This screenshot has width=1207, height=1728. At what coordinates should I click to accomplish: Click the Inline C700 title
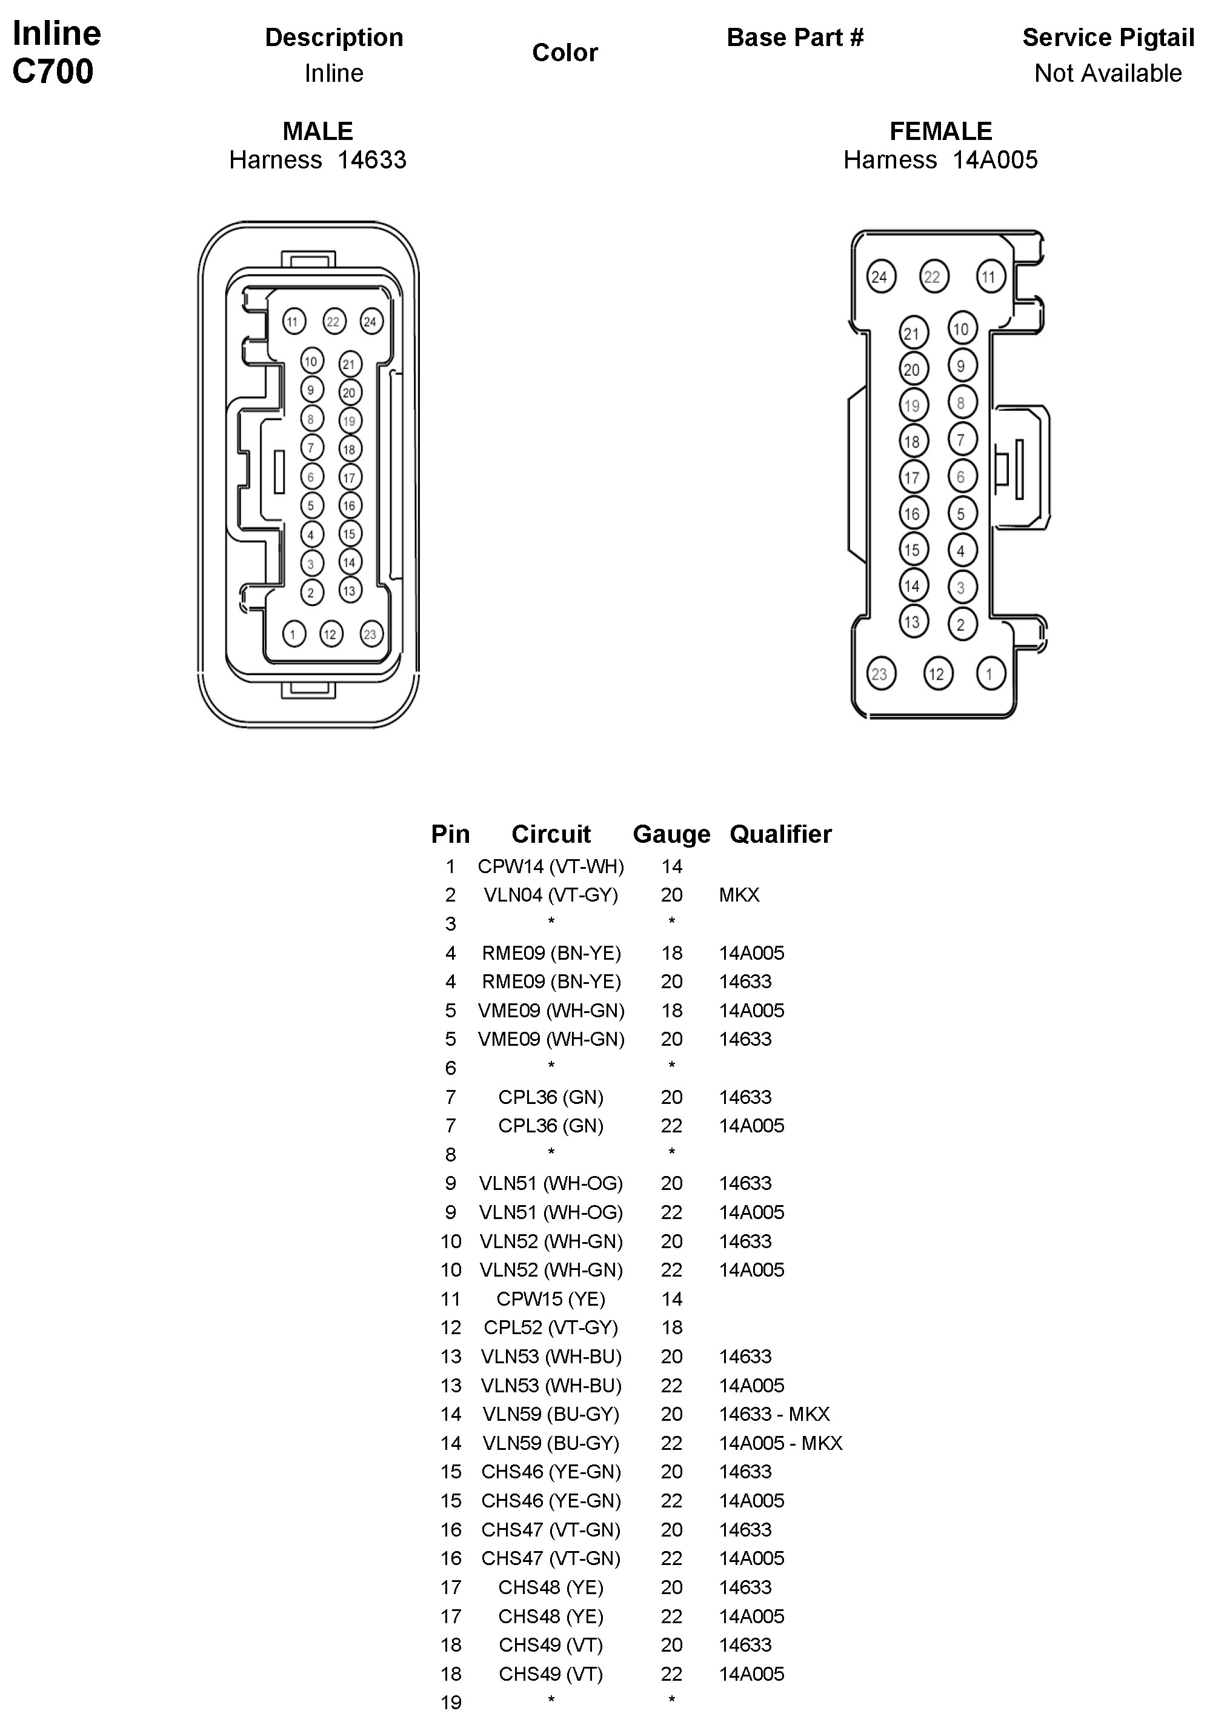[x=56, y=53]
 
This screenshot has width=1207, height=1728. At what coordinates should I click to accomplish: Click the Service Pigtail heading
[x=1107, y=38]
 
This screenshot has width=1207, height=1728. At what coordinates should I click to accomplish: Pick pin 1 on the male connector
[x=293, y=634]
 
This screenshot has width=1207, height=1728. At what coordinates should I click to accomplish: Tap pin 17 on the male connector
[x=349, y=478]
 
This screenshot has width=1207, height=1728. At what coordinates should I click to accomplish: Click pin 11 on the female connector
[x=988, y=277]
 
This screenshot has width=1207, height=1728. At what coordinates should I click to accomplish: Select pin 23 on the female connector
[x=879, y=674]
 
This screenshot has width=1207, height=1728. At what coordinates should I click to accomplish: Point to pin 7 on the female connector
[x=961, y=439]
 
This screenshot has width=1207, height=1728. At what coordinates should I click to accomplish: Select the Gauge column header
[x=671, y=834]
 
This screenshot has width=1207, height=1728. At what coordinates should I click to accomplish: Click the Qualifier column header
[x=780, y=834]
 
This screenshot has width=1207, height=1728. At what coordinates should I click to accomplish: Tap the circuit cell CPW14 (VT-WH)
[x=551, y=866]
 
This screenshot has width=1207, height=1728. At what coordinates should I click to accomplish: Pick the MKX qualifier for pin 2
[x=739, y=895]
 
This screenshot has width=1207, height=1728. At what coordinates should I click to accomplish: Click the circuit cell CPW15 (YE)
[x=551, y=1299]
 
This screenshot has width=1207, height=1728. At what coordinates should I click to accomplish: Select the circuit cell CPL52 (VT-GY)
[x=551, y=1328]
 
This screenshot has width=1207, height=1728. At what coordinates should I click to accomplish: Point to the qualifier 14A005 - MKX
[x=780, y=1443]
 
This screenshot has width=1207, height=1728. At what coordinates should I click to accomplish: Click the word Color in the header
[x=564, y=53]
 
